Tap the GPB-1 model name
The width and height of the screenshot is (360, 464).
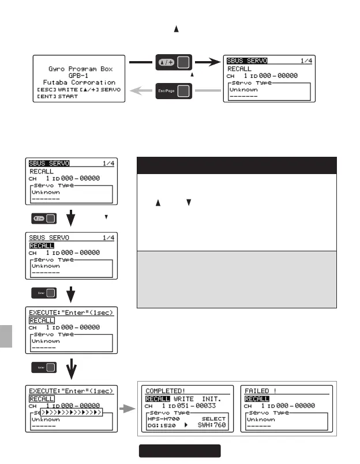click(x=79, y=75)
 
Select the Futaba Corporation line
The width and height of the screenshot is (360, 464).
click(x=79, y=82)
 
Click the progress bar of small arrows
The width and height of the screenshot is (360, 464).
click(x=72, y=413)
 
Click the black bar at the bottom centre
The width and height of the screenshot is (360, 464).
click(x=179, y=450)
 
